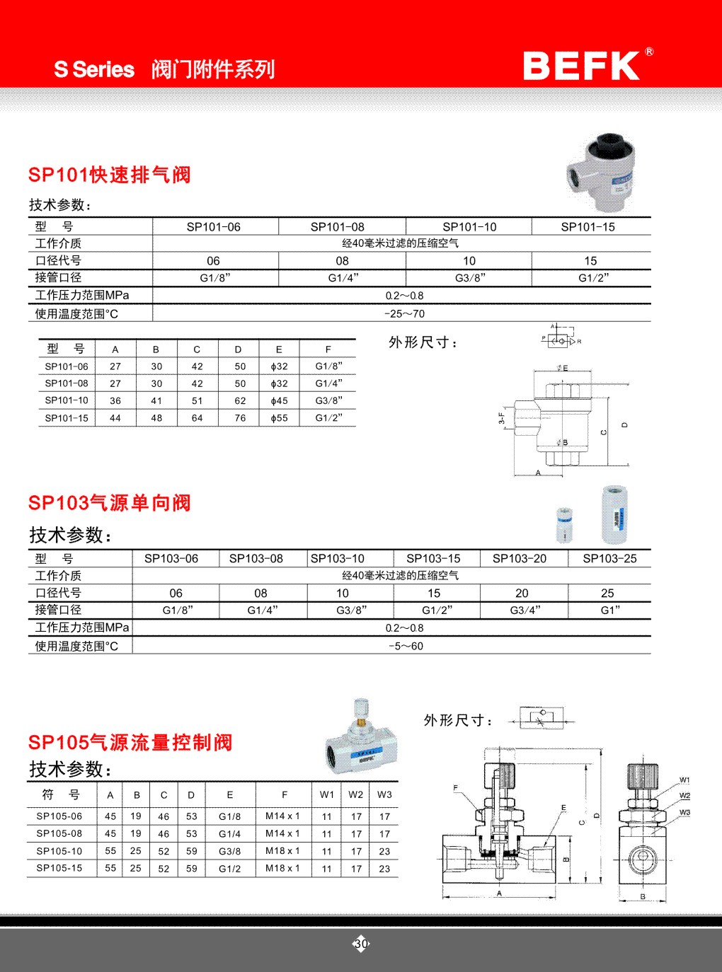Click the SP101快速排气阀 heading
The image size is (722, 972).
[110, 175]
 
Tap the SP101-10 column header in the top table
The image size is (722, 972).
[469, 227]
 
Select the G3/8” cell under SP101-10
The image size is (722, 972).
[470, 278]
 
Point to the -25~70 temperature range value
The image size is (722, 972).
[404, 313]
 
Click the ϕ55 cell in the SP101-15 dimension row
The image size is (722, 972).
[279, 418]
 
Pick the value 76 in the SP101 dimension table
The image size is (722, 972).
[240, 418]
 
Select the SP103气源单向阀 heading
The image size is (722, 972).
[110, 503]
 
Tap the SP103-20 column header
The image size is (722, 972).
[520, 559]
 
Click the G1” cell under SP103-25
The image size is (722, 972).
[609, 610]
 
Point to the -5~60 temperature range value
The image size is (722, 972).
[404, 646]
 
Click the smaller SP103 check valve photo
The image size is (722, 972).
[563, 524]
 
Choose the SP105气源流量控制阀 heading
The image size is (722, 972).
[130, 742]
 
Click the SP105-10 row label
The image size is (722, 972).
[59, 851]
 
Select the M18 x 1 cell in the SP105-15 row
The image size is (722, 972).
[282, 868]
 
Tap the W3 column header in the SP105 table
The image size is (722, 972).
[384, 794]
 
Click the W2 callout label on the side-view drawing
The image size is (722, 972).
[684, 796]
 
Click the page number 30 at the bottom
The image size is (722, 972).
[361, 944]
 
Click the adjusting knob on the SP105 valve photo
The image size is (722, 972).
[362, 707]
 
